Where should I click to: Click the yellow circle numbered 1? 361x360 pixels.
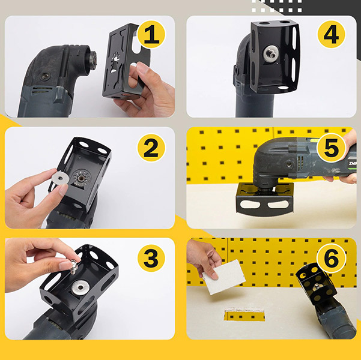coord(151,35)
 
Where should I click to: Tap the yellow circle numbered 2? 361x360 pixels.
coord(151,148)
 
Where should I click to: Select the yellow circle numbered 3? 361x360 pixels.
coord(151,258)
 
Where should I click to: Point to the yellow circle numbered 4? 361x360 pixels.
coord(331,35)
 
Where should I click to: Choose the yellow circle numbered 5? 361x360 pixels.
coord(331,148)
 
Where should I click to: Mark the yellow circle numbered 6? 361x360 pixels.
coord(331,258)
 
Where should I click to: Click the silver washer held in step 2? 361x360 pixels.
coord(61,178)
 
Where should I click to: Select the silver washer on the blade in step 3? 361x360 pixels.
coord(80,287)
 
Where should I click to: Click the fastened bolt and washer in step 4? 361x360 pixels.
coord(271,53)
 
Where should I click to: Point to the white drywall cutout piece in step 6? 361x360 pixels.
coord(224,277)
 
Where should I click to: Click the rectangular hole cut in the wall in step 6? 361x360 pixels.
coord(244,315)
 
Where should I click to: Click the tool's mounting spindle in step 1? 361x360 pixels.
coord(93,58)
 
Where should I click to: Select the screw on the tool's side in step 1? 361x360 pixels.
coord(45,76)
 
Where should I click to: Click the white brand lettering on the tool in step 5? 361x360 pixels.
coord(352,164)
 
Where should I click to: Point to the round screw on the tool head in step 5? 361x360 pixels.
coord(288,164)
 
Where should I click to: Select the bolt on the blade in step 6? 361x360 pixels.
coord(317,287)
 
